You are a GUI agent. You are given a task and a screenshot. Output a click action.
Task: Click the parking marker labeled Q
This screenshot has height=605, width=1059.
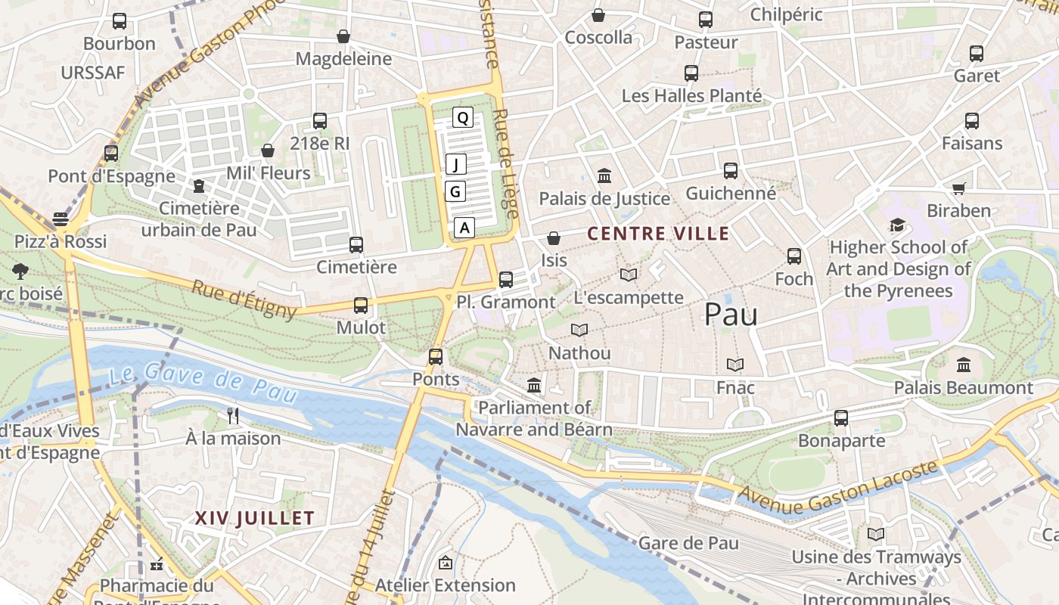point(463,117)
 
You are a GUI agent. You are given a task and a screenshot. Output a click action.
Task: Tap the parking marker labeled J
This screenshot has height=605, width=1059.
point(455,164)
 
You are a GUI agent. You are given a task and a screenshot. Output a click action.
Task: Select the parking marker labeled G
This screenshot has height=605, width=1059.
point(455,192)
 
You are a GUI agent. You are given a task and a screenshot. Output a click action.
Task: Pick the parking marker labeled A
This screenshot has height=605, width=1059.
point(464,227)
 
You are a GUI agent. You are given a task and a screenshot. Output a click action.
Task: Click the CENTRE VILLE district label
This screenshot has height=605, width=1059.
point(658,234)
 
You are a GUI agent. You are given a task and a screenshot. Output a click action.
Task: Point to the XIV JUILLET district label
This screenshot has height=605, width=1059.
point(254,518)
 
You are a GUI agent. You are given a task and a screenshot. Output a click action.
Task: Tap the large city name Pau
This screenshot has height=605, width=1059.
point(731,315)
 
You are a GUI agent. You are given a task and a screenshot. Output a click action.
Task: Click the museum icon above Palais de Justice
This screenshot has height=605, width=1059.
point(604,176)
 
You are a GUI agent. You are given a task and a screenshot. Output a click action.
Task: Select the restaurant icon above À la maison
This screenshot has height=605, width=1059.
point(233,415)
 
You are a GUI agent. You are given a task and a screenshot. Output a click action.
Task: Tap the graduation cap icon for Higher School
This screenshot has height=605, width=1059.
point(897,225)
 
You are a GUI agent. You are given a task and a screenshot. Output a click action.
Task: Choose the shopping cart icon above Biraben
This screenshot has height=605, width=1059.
point(958,188)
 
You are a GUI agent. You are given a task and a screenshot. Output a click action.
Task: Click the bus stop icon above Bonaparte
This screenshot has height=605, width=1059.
point(840,418)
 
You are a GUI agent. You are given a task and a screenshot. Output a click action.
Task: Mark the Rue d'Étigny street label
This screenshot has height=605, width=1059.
point(244,299)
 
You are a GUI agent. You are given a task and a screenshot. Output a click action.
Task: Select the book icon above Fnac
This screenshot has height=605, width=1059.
point(735,365)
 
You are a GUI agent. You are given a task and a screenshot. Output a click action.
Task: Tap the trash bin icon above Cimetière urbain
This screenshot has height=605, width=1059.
point(199,185)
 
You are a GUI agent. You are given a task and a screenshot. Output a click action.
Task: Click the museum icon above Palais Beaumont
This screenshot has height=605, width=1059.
point(963,365)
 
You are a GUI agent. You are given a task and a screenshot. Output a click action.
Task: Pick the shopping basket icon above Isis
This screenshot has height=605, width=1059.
point(554,238)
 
